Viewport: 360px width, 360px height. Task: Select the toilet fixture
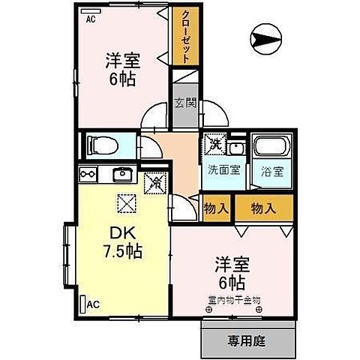coord(103,145)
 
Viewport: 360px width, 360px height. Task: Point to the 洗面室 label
coord(224,169)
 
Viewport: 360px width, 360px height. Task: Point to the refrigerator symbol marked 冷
coord(155,181)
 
